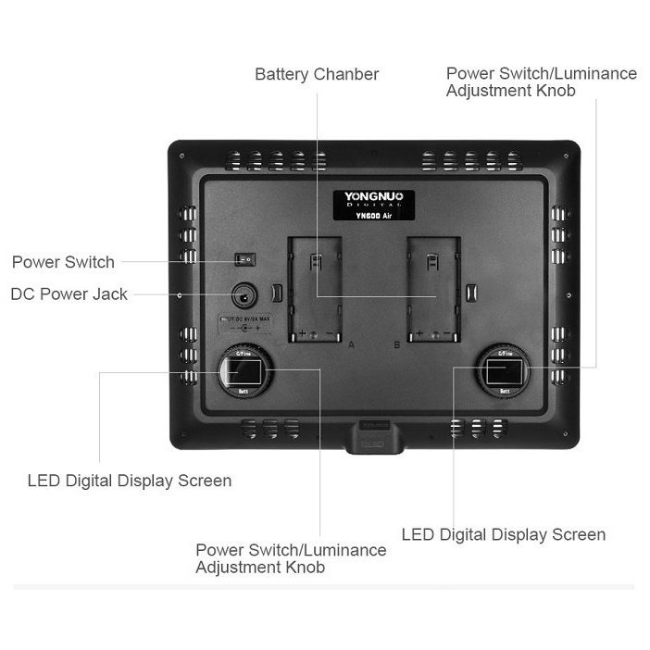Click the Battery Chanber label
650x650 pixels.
[x=317, y=74]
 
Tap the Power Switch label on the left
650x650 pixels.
[x=63, y=262]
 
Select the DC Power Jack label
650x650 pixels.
[x=69, y=294]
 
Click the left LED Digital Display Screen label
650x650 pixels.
[x=129, y=481]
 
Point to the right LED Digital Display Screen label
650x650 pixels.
[x=503, y=534]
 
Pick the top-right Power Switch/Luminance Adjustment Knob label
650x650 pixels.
[x=541, y=81]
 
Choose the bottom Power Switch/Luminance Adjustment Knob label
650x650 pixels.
[x=291, y=558]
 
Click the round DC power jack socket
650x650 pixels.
[x=244, y=296]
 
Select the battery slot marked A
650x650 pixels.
[x=315, y=287]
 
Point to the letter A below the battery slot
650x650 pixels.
[x=351, y=344]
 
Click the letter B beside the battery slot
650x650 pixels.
[x=397, y=344]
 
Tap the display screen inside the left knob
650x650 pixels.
[x=244, y=374]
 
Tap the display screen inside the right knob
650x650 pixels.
[x=505, y=374]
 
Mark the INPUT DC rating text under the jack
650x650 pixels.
[x=244, y=325]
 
